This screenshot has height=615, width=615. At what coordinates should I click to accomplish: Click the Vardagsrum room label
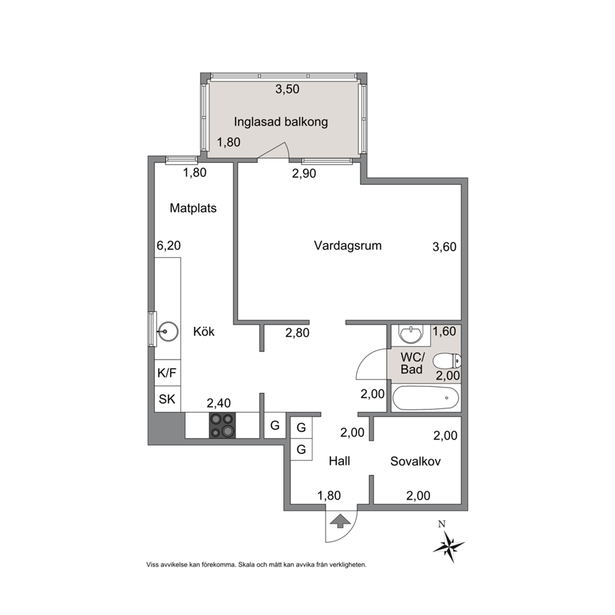348,246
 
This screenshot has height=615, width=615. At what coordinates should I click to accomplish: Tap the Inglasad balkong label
281,122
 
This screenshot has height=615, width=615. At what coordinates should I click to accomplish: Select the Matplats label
193,208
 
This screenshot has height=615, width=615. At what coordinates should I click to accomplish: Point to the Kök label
204,332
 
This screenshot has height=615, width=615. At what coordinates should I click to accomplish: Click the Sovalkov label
415,461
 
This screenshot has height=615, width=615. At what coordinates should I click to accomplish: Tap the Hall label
340,461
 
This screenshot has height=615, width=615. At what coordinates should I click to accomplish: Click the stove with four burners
222,425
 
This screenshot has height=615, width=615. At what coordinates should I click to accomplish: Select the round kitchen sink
167,332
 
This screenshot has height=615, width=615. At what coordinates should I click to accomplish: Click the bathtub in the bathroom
425,398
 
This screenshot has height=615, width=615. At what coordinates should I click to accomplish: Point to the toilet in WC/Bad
448,360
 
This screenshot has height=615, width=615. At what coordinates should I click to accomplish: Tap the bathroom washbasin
410,334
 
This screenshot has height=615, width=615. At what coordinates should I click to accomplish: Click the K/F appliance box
167,373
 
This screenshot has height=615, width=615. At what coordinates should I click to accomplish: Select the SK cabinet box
167,399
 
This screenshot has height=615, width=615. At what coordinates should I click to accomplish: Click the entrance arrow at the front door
341,521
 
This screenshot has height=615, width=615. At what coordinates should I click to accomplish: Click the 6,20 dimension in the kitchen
169,246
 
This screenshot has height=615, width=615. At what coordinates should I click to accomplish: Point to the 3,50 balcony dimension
287,89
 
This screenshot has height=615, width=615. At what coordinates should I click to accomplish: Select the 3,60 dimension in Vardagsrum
445,247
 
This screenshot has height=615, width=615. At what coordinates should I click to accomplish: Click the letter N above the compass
442,524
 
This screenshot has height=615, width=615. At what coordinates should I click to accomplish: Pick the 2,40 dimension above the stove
219,403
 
